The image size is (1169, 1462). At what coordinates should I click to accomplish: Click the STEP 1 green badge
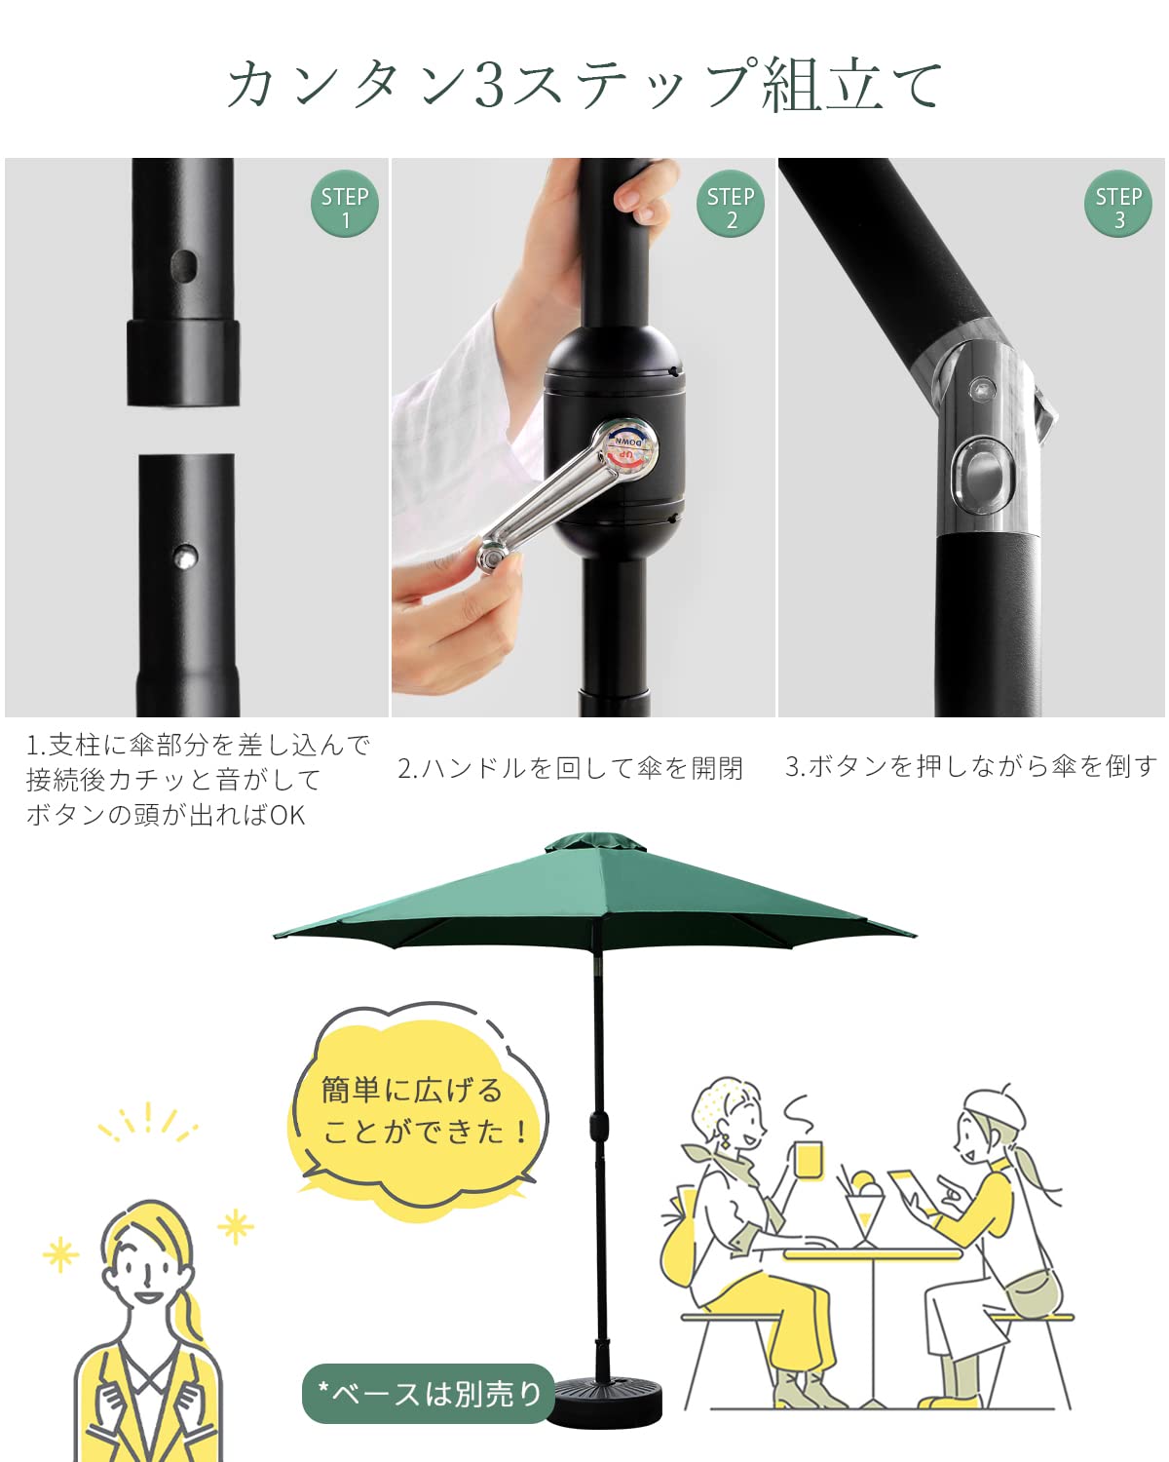pos(344,206)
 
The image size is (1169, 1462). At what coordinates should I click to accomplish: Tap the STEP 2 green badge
pos(731,206)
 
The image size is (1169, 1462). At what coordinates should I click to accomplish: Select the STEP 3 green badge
pos(1118,206)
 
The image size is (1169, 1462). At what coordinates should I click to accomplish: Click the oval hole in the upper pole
pos(183,264)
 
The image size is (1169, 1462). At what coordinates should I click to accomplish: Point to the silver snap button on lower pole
pos(184,558)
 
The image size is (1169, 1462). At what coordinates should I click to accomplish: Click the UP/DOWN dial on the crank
pos(631,448)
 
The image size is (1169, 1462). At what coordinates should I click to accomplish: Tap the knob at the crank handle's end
pos(492,558)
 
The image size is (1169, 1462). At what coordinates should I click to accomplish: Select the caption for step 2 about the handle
pos(570,769)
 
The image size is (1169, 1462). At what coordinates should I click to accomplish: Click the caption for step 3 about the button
pos(970,767)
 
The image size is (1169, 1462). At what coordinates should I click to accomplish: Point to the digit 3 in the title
pos(490,85)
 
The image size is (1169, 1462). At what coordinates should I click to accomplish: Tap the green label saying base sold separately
pos(429,1394)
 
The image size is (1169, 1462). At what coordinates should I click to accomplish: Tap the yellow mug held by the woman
pos(809,1160)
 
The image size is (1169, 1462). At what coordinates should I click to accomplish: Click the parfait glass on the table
pos(861,1209)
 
